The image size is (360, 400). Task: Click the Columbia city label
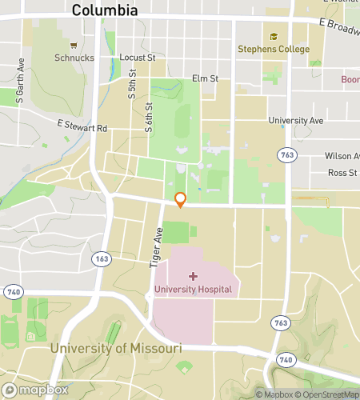(x=105, y=10)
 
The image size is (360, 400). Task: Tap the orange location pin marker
(x=181, y=200)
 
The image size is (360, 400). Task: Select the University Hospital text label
(x=194, y=289)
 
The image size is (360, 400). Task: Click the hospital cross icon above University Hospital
(x=194, y=276)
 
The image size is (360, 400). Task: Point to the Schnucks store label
(x=74, y=58)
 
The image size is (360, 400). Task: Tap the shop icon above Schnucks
(x=74, y=46)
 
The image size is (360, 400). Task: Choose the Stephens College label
(x=273, y=49)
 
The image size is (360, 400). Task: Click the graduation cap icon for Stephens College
(x=274, y=37)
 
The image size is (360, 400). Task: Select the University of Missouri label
(x=116, y=349)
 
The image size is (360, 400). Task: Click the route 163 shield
(x=102, y=259)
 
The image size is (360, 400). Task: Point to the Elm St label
(x=206, y=78)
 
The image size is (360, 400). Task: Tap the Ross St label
(x=342, y=173)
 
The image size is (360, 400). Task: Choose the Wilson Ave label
(x=342, y=156)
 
